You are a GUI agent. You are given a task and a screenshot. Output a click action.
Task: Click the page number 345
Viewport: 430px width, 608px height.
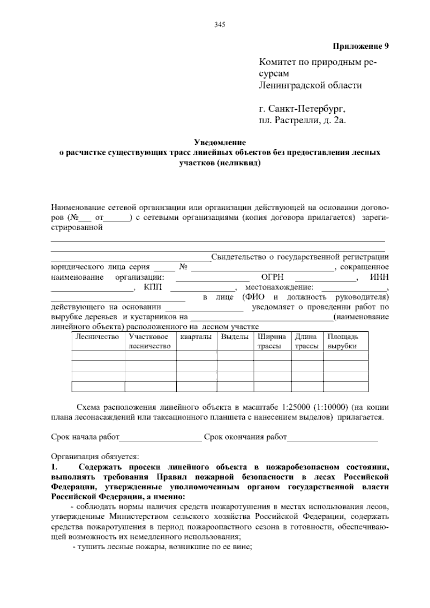tap(219, 25)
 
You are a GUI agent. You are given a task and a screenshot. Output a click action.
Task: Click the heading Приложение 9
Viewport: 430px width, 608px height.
tap(361, 46)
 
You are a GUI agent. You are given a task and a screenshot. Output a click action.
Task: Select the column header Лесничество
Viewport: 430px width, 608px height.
tap(97, 337)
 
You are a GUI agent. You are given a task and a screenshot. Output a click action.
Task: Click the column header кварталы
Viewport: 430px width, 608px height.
tap(196, 337)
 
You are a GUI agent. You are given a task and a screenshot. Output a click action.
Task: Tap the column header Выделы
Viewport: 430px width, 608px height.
tap(235, 337)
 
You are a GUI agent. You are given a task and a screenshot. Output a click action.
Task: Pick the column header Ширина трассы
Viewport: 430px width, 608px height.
tap(272, 341)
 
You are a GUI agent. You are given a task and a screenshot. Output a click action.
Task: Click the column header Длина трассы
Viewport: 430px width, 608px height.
tap(306, 341)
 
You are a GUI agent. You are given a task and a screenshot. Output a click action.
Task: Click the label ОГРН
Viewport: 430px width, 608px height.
tap(272, 277)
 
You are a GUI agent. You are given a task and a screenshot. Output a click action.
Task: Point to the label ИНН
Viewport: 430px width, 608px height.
tap(379, 277)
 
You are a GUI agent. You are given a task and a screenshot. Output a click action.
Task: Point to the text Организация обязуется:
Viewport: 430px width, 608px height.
tap(95, 457)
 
